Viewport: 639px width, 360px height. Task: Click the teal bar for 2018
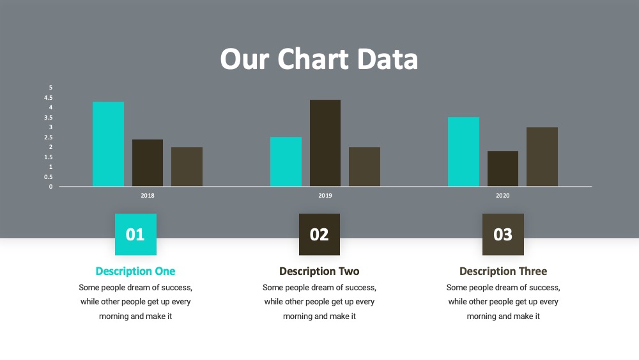coord(108,144)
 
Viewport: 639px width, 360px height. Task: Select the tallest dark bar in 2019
coord(325,143)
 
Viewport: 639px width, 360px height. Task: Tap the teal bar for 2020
coord(463,152)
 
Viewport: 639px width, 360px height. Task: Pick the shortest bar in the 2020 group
coord(503,169)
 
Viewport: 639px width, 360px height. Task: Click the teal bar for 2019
coord(286,161)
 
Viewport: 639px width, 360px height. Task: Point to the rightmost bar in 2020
coord(542,157)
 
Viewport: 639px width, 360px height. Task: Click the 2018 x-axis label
coord(148,196)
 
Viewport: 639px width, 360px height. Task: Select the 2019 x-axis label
coord(325,196)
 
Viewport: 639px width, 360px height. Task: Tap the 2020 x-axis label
coord(502,196)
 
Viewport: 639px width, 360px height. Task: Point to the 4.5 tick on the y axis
coord(49,97)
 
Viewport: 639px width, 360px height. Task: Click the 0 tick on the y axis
coord(50,187)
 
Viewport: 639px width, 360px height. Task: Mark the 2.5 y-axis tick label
coord(49,137)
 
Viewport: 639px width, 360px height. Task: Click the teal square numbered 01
coord(135,235)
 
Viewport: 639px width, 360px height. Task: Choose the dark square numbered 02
coord(319,235)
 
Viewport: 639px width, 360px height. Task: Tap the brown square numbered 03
coord(504,235)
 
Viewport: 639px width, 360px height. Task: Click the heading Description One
coord(135,271)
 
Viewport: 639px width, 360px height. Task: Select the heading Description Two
coord(319,271)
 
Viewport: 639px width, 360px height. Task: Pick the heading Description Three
coord(504,271)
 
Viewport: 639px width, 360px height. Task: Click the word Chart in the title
coord(313,59)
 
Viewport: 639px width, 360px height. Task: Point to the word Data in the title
coord(388,59)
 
